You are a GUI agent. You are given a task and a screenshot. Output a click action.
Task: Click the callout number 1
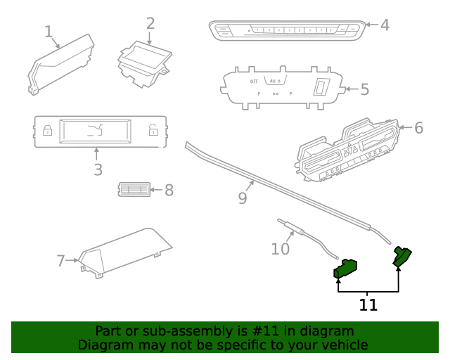point(49,32)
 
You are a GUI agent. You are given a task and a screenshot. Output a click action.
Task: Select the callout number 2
point(150,22)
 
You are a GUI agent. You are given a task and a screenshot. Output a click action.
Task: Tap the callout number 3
point(98,169)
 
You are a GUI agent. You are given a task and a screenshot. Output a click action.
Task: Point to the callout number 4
point(385,25)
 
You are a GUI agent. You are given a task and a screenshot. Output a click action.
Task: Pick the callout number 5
point(364,89)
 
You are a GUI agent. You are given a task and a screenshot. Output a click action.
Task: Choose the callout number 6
point(418,128)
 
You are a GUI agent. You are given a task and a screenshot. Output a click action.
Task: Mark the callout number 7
point(60,261)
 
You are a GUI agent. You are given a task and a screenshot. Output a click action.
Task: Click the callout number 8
point(169,190)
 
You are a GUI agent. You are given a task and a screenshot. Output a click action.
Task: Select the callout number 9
point(243,198)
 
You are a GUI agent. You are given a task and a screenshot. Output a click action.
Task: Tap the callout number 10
point(280,248)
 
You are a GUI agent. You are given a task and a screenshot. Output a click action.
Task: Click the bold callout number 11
point(368,305)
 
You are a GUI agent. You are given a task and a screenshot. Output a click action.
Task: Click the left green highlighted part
point(345,268)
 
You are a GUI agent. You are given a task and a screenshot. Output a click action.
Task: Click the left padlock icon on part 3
point(47,129)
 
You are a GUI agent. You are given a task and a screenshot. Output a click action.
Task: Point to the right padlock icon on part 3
point(153,129)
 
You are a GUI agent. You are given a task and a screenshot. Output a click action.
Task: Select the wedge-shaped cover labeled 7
point(123,252)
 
